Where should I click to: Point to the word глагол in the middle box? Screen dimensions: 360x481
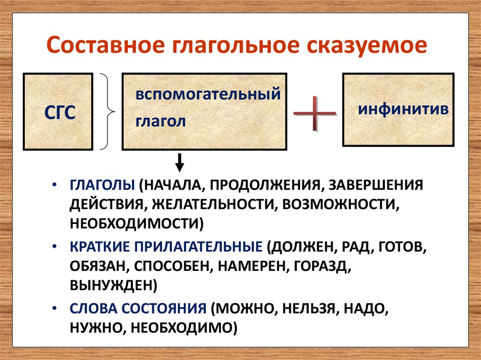[x=161, y=121]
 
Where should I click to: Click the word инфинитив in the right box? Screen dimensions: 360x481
[x=403, y=109]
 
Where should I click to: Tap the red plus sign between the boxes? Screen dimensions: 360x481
[x=315, y=114]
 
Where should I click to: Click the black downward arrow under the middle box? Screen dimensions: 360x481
[x=180, y=163]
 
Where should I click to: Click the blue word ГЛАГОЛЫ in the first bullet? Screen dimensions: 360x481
[x=102, y=184]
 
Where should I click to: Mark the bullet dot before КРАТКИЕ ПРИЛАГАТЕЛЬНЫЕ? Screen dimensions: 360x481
[x=55, y=246]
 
